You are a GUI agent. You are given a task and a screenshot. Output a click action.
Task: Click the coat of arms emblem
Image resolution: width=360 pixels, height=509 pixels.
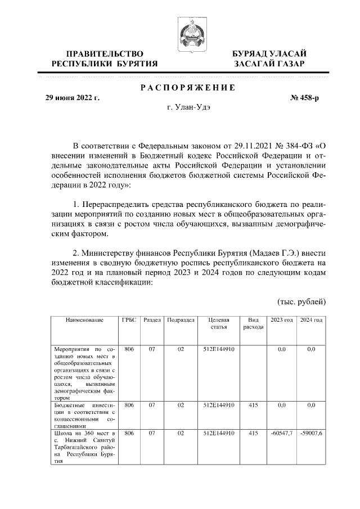pyautogui.click(x=190, y=33)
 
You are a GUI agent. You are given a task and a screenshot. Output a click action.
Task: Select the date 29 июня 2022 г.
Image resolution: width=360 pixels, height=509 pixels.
pyautogui.click(x=72, y=98)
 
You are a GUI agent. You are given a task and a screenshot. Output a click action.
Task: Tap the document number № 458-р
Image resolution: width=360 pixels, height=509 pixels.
pyautogui.click(x=304, y=98)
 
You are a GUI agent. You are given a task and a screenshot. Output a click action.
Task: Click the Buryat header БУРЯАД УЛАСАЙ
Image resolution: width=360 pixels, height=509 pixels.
pyautogui.click(x=269, y=53)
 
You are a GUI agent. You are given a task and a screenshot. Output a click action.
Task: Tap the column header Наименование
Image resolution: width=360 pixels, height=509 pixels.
pyautogui.click(x=84, y=320)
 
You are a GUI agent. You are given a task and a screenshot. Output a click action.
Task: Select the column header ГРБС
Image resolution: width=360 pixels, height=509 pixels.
pyautogui.click(x=129, y=320)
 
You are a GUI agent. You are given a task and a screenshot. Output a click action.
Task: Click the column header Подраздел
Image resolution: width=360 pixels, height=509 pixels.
pyautogui.click(x=181, y=320)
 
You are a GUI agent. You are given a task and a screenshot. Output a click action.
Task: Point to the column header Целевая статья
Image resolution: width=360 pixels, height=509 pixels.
pyautogui.click(x=218, y=323)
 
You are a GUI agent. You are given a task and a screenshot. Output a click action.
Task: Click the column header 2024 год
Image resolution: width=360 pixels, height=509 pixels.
pyautogui.click(x=311, y=320)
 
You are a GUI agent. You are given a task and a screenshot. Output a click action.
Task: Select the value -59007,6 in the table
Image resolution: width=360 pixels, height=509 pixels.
pyautogui.click(x=311, y=434)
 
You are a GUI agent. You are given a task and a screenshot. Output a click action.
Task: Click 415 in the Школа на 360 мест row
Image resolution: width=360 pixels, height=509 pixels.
pyautogui.click(x=253, y=434)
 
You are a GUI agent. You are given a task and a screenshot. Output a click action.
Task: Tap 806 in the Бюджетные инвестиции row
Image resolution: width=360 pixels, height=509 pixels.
pyautogui.click(x=129, y=405)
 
